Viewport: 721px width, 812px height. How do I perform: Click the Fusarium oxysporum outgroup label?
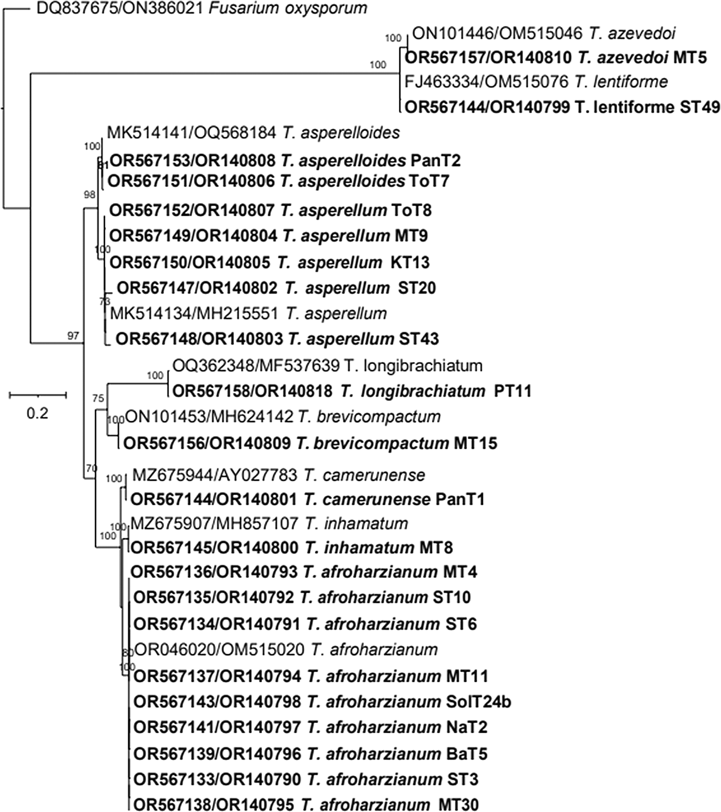click(202, 9)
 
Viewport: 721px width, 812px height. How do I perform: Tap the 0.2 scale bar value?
click(37, 413)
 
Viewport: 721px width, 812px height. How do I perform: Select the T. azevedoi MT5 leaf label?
click(556, 58)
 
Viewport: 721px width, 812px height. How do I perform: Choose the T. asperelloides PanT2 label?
click(285, 161)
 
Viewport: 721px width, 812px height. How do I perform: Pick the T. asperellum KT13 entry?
click(270, 262)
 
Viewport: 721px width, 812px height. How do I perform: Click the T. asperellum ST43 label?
click(277, 339)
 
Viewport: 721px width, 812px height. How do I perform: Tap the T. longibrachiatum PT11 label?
click(352, 391)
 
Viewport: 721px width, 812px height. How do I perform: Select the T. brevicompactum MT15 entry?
click(310, 443)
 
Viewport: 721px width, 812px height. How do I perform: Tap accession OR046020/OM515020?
click(219, 650)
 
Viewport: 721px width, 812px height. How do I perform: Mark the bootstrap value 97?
click(73, 335)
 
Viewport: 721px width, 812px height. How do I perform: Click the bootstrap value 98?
click(90, 194)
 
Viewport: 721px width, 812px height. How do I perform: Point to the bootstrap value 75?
click(98, 398)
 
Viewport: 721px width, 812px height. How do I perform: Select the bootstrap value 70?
click(91, 468)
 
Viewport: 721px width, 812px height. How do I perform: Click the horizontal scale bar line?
click(38, 394)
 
